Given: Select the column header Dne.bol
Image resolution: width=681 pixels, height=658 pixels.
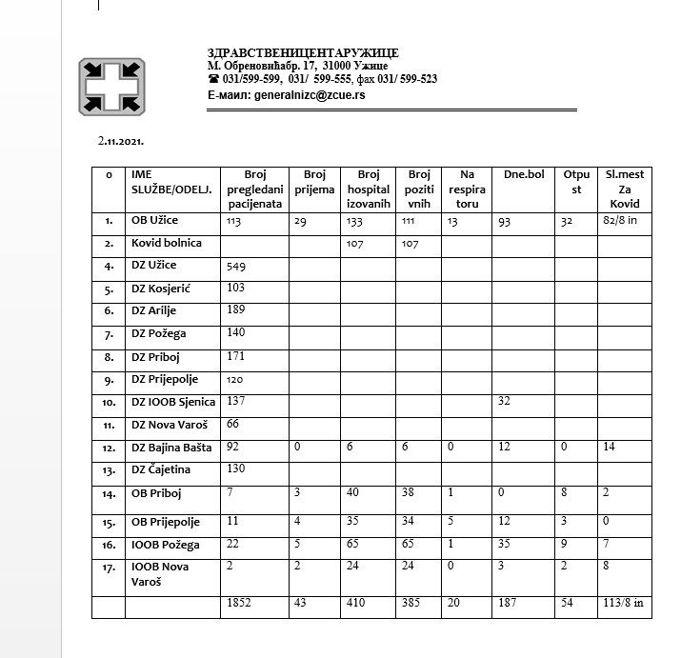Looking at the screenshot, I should pyautogui.click(x=523, y=175).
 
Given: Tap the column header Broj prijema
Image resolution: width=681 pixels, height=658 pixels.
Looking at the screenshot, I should pyautogui.click(x=313, y=182).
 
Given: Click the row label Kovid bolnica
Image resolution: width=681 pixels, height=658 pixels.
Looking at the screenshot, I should pyautogui.click(x=167, y=243).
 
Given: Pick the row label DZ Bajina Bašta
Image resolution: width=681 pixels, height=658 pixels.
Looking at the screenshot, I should pyautogui.click(x=172, y=447).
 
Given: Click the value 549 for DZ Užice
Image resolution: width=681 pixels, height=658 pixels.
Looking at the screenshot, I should pyautogui.click(x=236, y=266).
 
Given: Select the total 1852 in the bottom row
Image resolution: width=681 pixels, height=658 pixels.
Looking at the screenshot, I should pyautogui.click(x=240, y=604).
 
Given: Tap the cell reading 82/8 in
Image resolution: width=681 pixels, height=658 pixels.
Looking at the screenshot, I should pyautogui.click(x=621, y=221).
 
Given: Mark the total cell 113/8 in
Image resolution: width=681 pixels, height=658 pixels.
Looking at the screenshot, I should pyautogui.click(x=624, y=604).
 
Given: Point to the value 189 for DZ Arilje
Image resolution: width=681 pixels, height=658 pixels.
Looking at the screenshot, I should pyautogui.click(x=236, y=310).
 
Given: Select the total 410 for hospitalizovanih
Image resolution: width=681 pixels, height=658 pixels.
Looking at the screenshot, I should pyautogui.click(x=356, y=604).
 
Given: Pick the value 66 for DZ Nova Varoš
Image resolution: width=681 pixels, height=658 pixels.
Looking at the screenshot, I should pyautogui.click(x=233, y=424).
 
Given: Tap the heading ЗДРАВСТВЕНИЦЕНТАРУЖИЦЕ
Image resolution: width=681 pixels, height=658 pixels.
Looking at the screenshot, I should pyautogui.click(x=303, y=51).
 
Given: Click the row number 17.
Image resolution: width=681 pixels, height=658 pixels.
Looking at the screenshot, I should pyautogui.click(x=109, y=568).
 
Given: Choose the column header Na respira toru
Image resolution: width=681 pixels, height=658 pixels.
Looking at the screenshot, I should pyautogui.click(x=467, y=189).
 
